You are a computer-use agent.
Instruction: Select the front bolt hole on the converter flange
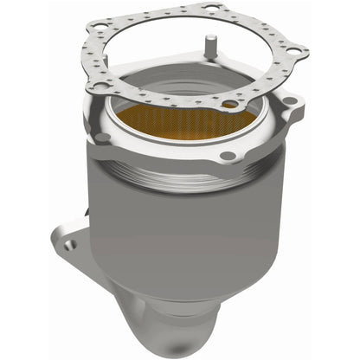click(227, 157)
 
